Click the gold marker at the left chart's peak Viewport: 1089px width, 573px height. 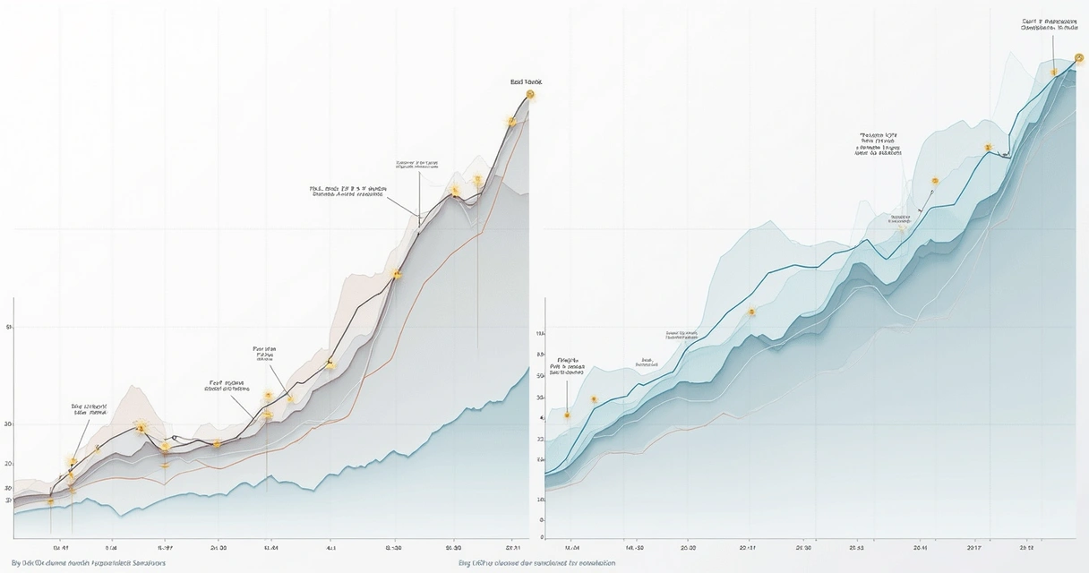pos(530,94)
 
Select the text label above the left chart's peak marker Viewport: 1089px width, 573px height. pos(527,81)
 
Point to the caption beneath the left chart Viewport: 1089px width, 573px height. pos(88,563)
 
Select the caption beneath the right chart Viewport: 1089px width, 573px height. pos(536,563)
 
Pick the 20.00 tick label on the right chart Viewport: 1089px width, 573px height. pos(689,546)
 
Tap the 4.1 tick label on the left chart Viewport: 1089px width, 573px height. pos(330,546)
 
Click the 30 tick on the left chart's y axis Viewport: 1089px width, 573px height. pos(8,423)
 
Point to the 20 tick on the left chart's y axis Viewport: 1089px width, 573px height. pos(8,464)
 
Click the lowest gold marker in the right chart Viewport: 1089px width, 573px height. pos(567,415)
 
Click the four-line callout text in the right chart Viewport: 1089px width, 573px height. pos(879,143)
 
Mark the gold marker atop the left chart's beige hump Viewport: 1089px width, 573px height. pos(140,428)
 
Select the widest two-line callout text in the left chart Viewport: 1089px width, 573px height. pos(347,192)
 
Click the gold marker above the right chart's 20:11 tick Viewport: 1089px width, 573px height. pos(751,312)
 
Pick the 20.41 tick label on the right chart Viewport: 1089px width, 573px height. pos(921,546)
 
